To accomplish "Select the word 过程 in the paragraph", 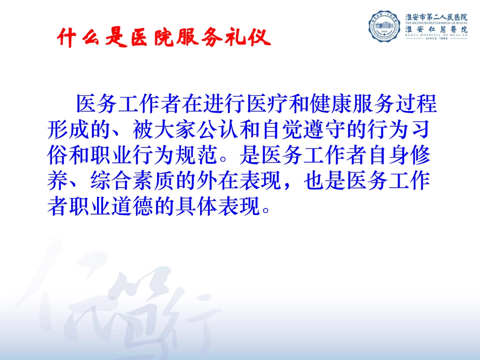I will click(x=420, y=105).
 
